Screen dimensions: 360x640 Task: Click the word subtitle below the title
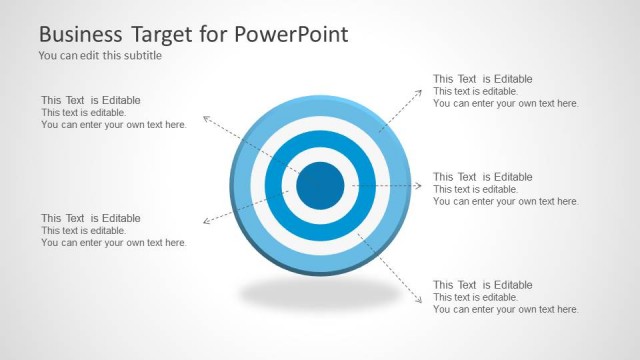coord(142,56)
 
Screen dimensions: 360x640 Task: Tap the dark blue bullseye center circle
coord(321,184)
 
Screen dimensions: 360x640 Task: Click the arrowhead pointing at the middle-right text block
coord(422,185)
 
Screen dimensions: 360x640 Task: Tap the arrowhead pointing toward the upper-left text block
coord(206,119)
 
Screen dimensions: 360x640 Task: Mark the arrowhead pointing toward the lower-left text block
coord(206,221)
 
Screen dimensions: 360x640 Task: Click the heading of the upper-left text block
coord(91,100)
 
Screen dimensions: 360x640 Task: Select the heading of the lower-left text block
coord(91,218)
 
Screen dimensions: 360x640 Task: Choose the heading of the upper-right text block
coord(483,79)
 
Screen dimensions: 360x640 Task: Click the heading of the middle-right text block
coord(483,177)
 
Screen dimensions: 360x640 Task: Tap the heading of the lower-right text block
coord(483,285)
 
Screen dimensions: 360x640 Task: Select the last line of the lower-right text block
coord(506,310)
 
